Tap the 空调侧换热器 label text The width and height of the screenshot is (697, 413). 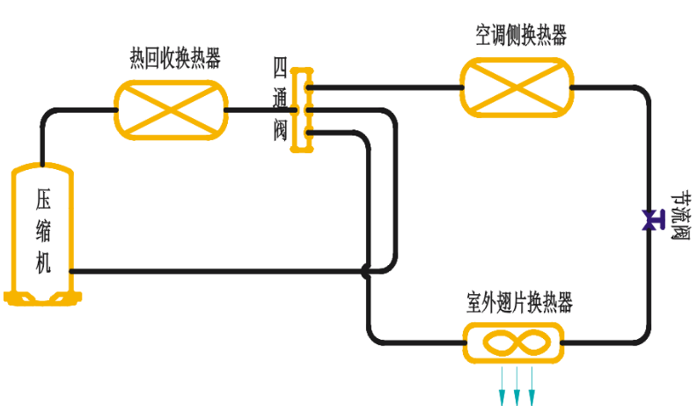point(521,36)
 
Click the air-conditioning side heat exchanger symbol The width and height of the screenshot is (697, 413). point(517,86)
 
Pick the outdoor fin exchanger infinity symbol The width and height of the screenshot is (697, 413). point(513,342)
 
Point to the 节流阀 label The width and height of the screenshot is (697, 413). point(679,217)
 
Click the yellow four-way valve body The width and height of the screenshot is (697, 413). point(303,110)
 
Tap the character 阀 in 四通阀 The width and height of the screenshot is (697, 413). point(281,132)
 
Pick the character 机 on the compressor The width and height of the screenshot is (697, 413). point(43,262)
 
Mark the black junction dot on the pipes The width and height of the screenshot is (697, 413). point(367,270)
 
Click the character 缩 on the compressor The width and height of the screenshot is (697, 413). point(43,230)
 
